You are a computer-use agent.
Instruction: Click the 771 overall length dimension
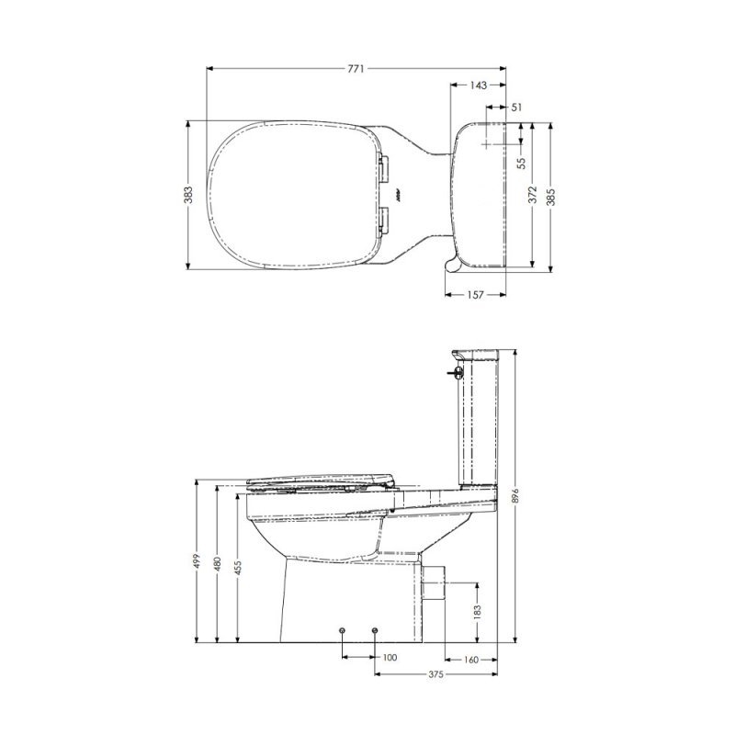pos(356,69)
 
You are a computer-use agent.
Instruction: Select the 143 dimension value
pos(478,85)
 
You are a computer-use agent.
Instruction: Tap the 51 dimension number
pos(516,107)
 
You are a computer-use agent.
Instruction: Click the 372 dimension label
pos(533,195)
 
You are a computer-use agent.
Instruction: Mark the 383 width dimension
pos(188,195)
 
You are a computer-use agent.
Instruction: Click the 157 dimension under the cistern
pos(475,295)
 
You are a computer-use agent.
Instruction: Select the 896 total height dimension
pos(514,495)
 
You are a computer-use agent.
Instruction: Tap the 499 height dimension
pos(197,560)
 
